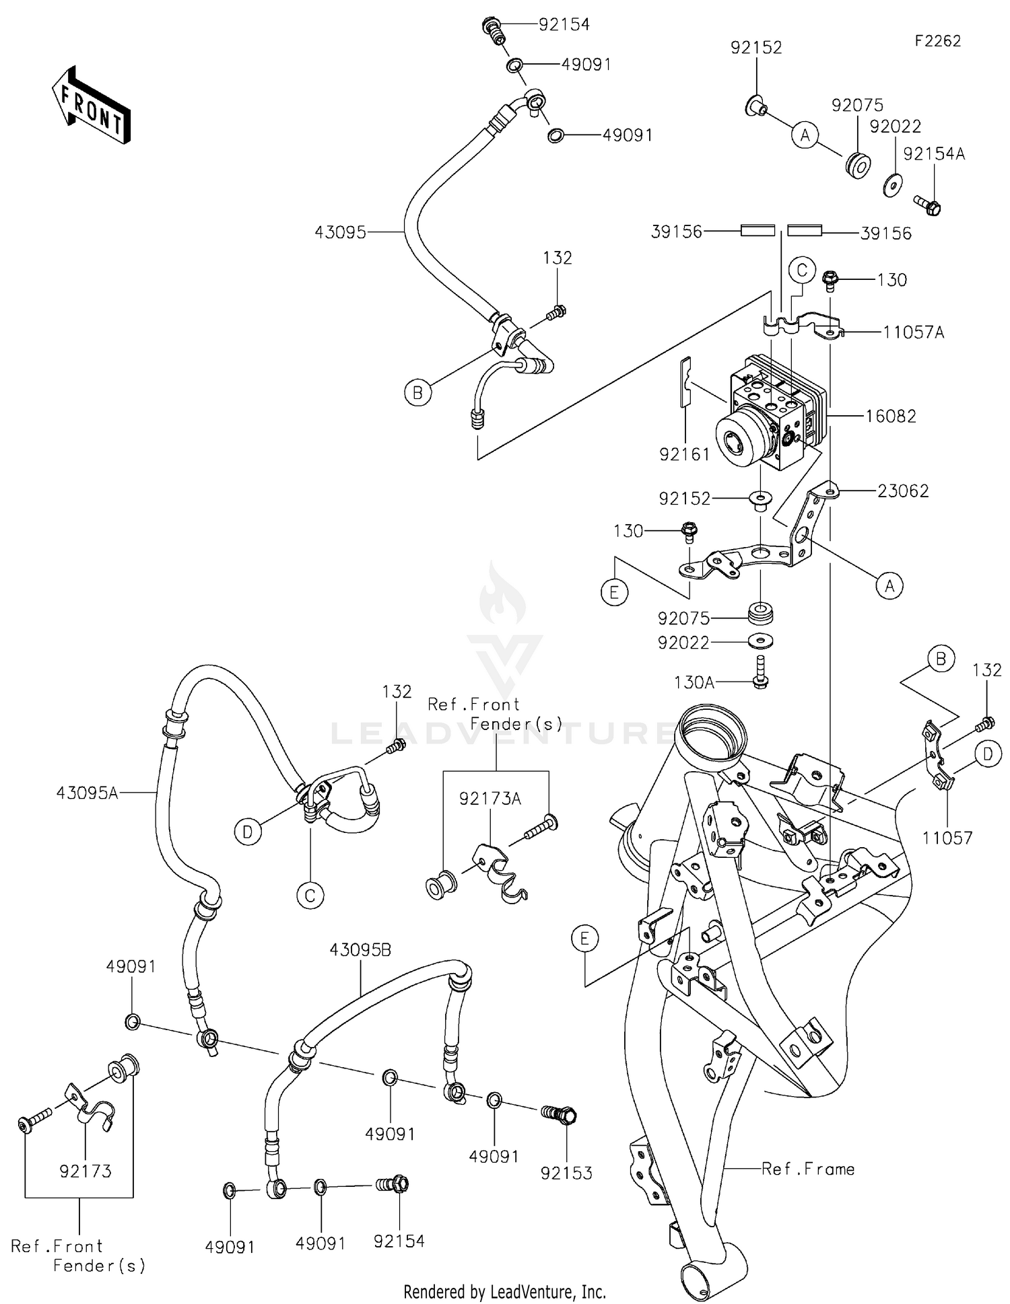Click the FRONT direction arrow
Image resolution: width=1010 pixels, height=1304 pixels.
91,106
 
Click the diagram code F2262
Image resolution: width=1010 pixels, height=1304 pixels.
937,41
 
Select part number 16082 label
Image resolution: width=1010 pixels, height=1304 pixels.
890,416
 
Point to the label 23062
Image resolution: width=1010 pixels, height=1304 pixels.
902,491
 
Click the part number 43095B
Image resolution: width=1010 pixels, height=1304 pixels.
360,950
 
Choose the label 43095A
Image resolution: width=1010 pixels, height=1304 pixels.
87,793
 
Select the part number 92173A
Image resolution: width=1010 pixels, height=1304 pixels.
490,799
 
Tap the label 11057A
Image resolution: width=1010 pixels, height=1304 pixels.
913,332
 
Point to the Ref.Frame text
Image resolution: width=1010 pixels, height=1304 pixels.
808,1169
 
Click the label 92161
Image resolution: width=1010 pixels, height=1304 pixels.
684,455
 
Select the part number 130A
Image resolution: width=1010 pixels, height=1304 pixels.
694,682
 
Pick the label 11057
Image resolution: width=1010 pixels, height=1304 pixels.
947,838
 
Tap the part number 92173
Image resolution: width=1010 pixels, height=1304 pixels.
86,1171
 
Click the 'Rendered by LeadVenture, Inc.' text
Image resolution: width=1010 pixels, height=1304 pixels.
504,1291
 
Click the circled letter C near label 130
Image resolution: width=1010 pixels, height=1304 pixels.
802,270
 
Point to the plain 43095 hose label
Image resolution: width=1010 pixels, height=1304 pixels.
340,232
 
